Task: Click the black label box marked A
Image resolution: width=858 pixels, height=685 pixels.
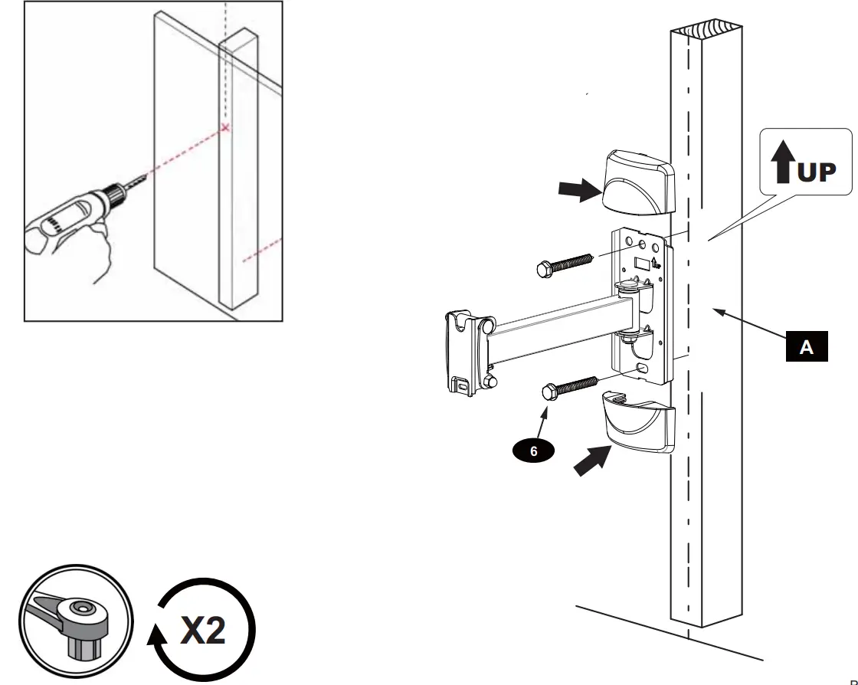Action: [x=805, y=347]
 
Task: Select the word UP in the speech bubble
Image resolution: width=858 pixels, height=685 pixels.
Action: [x=817, y=172]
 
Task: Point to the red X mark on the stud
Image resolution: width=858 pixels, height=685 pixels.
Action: [x=225, y=127]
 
